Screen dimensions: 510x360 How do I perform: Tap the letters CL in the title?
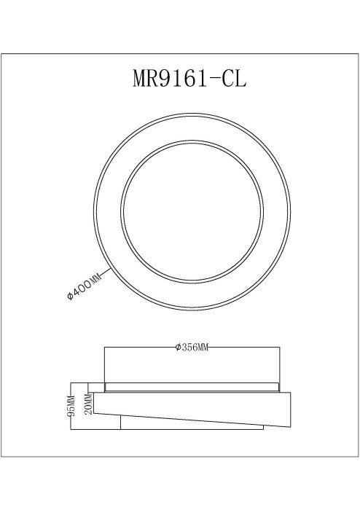[x=235, y=78]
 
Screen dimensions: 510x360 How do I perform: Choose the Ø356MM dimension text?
[x=192, y=348]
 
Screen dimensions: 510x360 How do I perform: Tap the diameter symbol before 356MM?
[x=178, y=348]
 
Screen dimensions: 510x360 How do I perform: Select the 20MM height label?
[x=88, y=401]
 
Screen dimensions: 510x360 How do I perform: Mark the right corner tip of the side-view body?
[x=291, y=394]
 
